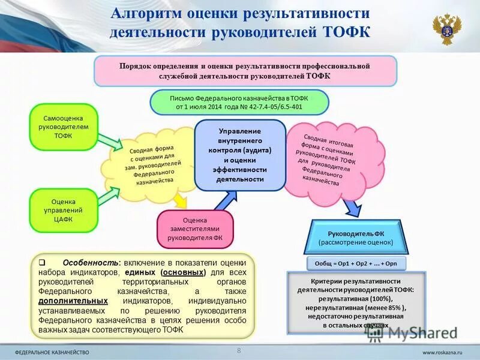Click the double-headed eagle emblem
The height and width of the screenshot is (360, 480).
point(446,28)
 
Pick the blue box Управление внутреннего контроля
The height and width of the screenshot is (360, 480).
point(239,155)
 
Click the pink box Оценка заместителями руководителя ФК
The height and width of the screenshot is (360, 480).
point(194,229)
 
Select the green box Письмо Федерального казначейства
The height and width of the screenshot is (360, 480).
point(239,102)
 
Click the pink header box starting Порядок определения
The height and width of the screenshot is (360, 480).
point(245,71)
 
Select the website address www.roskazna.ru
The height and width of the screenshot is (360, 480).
point(442,351)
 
